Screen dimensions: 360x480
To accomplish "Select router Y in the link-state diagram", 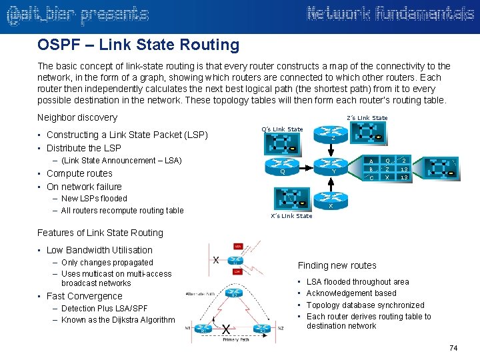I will (333, 167).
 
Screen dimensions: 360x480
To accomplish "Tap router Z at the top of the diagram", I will (333, 136).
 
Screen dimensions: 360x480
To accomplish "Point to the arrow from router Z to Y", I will (333, 152).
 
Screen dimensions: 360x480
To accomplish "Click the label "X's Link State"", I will (291, 216).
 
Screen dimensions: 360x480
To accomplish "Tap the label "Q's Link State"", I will (282, 129).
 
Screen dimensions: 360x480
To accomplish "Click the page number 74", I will (453, 348).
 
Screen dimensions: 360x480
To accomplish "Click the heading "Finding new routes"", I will (337, 265).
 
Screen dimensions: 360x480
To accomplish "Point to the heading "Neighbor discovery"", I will (77, 117).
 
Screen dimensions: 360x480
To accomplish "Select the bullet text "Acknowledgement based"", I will (351, 293).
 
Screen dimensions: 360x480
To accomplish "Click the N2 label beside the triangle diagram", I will (281, 328).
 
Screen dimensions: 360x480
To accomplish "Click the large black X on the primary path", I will (227, 329).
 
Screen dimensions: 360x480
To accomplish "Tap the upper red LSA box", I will (238, 246).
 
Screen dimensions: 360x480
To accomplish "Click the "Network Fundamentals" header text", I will (390, 15).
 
